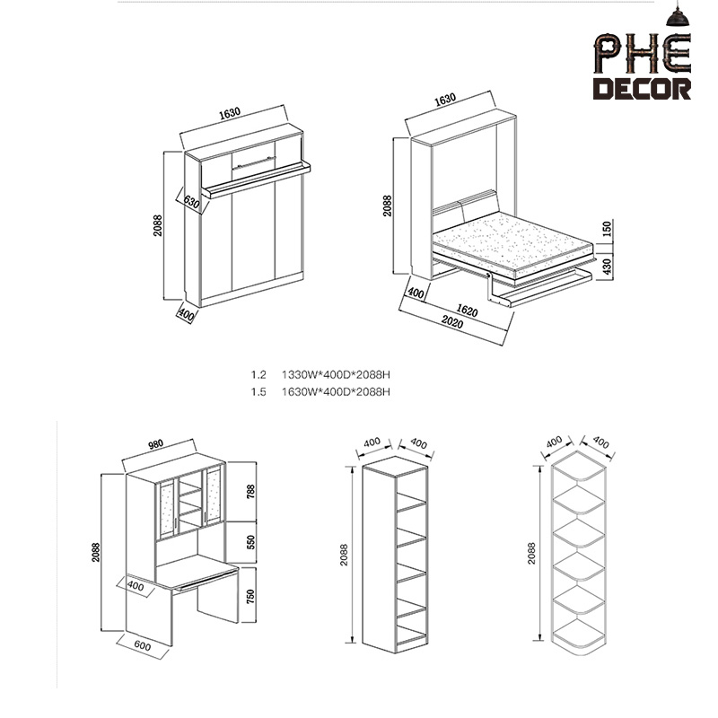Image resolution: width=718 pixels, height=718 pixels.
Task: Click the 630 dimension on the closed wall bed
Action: pyautogui.click(x=191, y=202)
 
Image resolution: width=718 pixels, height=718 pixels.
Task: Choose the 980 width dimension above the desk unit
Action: pyautogui.click(x=157, y=444)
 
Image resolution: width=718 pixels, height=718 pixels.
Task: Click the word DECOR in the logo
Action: pyautogui.click(x=644, y=89)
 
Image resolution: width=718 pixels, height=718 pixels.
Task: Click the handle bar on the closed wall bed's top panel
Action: pyautogui.click(x=254, y=162)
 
